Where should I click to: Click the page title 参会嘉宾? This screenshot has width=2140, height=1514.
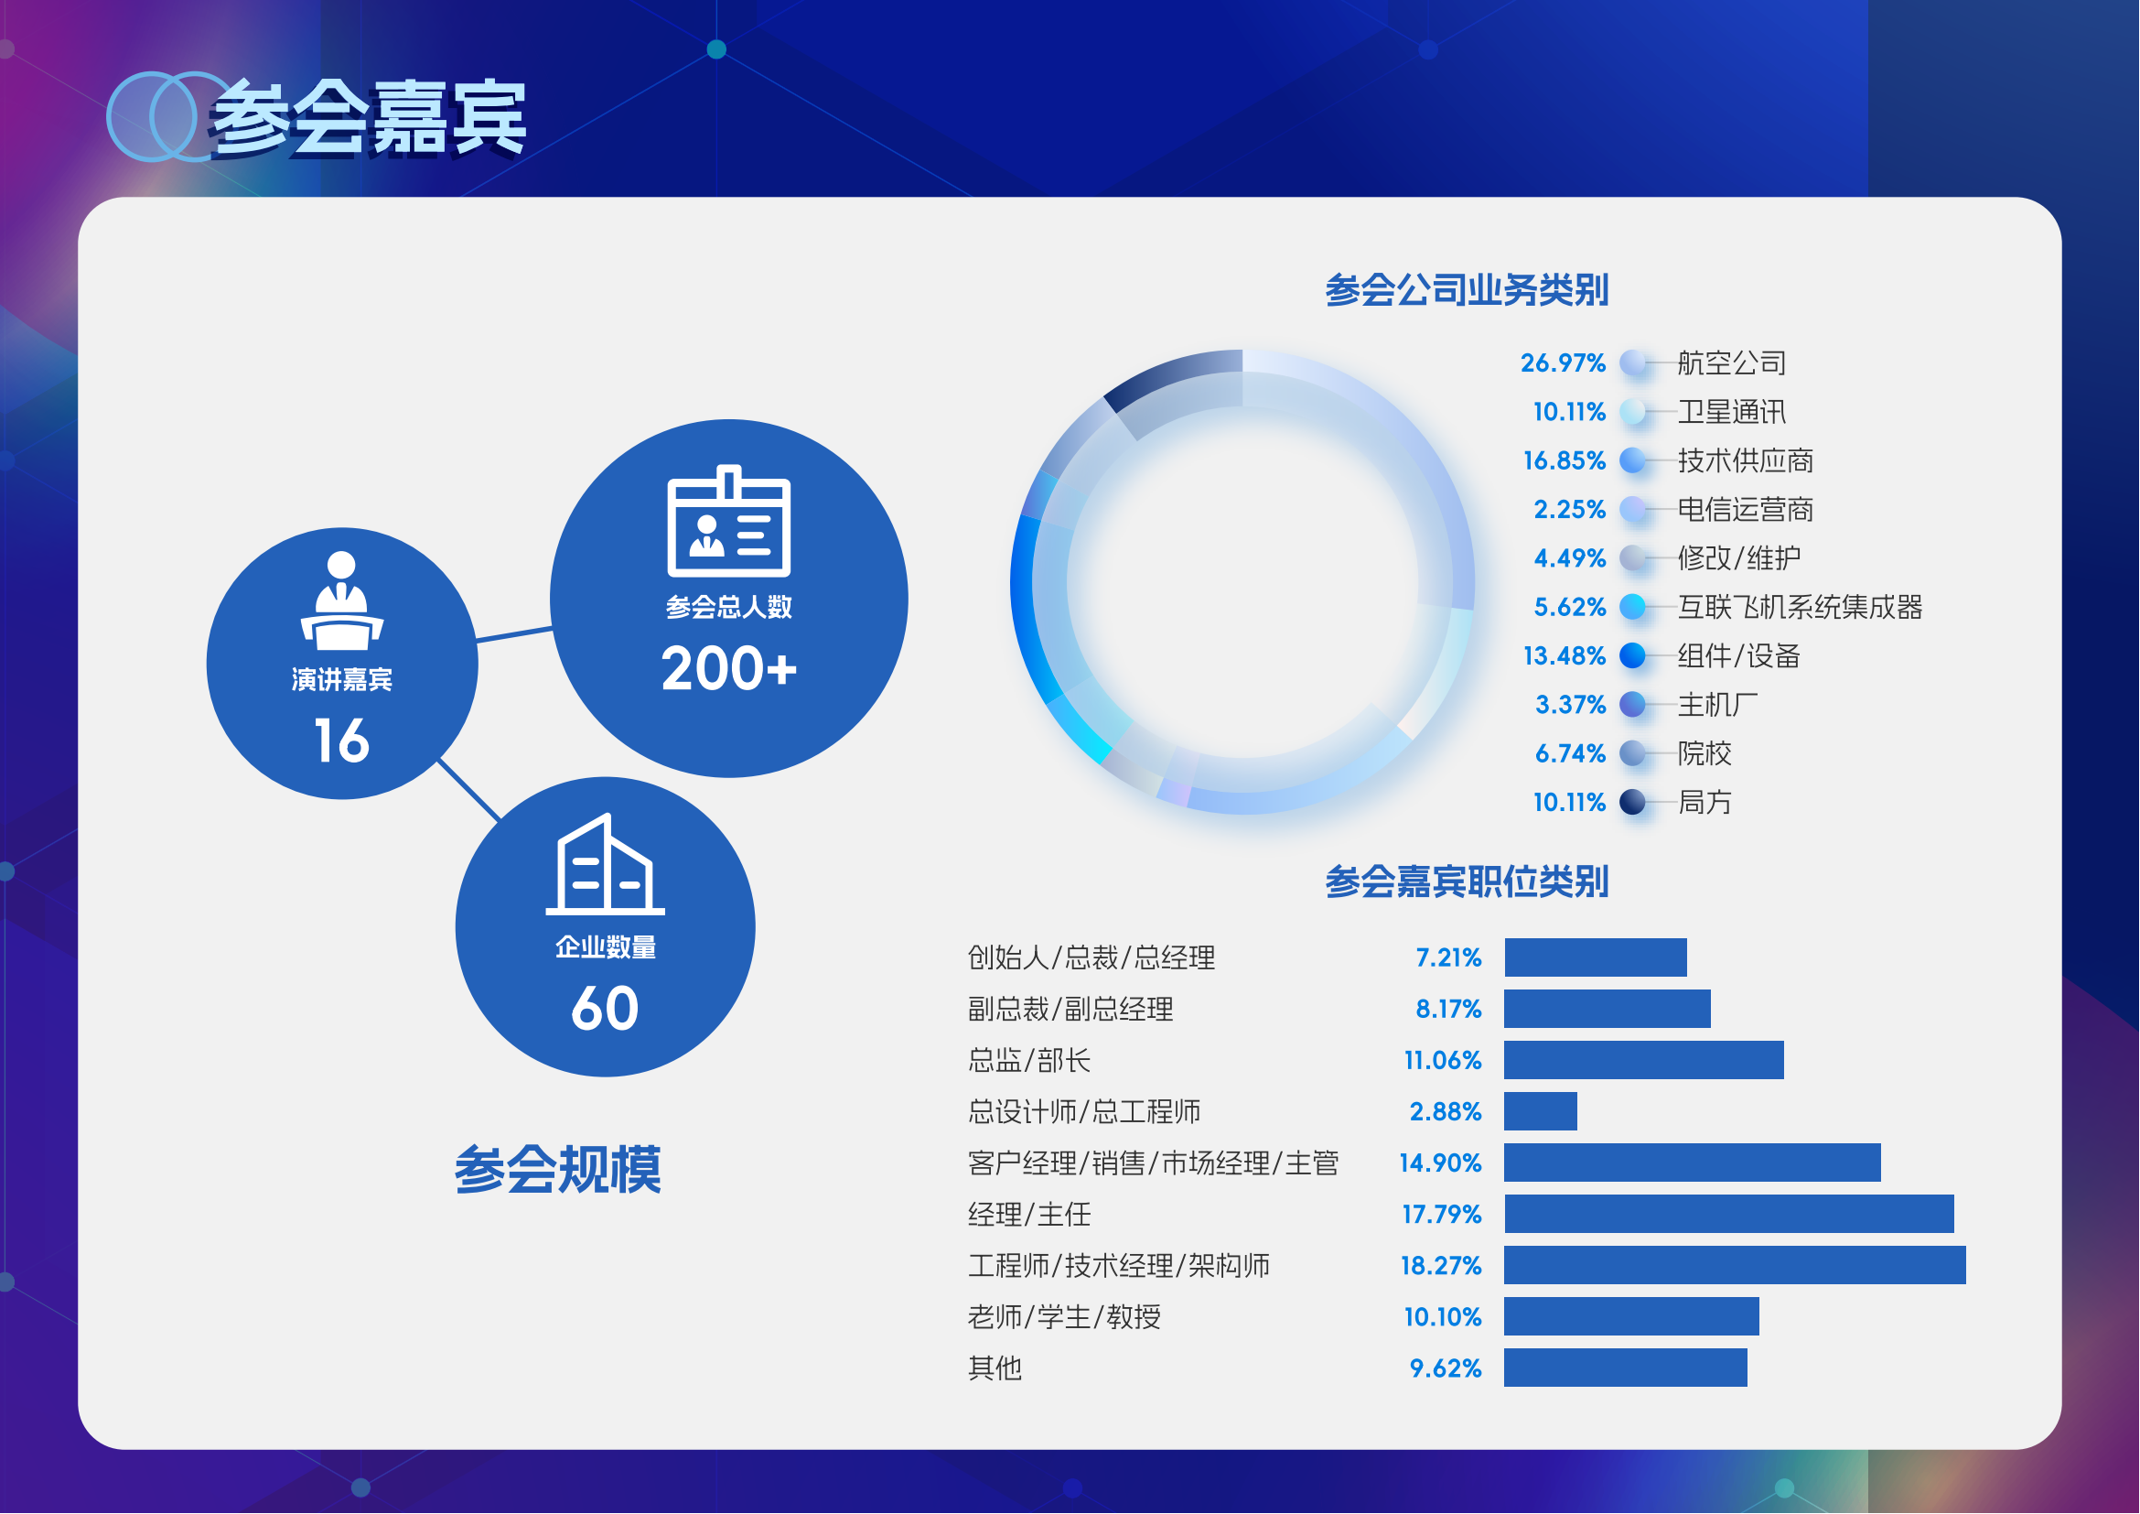368,118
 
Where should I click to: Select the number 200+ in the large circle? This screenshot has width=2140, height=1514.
729,668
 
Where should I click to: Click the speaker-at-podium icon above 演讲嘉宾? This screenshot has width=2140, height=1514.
342,600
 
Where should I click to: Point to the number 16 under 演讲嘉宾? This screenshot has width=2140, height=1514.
342,741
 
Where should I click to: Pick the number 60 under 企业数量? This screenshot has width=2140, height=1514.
605,1009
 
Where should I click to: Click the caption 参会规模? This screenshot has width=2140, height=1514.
557,1169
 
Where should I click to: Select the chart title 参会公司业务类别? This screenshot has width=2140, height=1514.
1467,290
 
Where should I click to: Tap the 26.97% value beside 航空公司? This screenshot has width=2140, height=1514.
1563,362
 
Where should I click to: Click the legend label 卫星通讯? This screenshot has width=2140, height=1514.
1732,411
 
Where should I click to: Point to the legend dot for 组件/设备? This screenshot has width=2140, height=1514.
1633,656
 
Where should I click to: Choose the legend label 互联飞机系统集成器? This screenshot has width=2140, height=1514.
1800,607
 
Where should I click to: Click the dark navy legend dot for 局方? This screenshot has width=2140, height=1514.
1633,803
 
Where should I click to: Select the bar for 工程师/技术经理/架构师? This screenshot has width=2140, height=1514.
1736,1265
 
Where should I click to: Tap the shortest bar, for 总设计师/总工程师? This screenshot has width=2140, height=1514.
1541,1111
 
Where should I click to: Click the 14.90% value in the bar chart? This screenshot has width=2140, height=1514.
1440,1163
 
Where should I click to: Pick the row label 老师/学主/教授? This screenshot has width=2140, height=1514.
1064,1317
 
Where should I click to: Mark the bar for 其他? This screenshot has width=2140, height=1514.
1626,1368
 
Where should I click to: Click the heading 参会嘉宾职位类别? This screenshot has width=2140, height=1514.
1467,881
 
